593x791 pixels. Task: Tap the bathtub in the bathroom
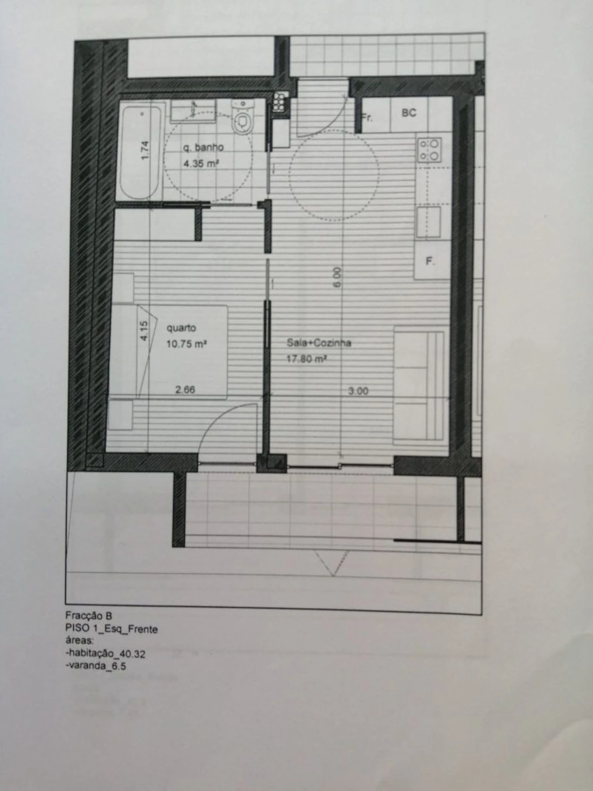140,153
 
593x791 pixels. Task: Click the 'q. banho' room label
203,147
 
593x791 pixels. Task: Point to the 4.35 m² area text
201,164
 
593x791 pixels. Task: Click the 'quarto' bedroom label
181,328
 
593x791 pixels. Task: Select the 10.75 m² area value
186,344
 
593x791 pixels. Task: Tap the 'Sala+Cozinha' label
319,343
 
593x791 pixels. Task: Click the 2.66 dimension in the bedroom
185,390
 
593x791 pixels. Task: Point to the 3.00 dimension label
358,391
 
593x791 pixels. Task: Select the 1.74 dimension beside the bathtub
145,151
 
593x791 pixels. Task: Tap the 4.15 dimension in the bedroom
144,332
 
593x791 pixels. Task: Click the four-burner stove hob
429,150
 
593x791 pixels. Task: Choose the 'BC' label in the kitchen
409,113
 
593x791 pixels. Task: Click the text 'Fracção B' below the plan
88,616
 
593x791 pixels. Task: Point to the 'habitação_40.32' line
106,654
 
